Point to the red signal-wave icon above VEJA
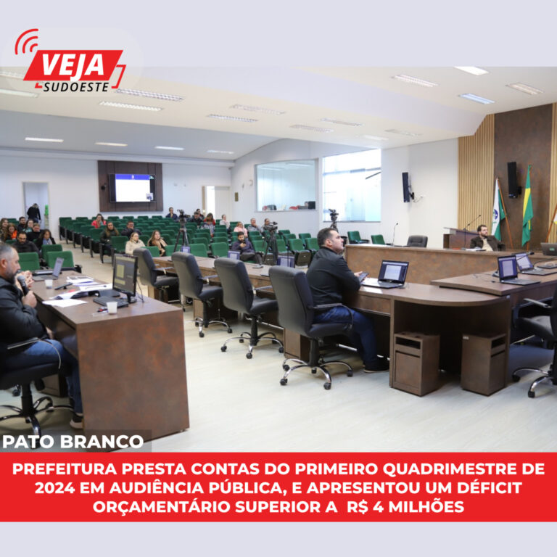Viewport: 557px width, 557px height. pos(26,42)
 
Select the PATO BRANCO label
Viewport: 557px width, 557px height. pos(73,442)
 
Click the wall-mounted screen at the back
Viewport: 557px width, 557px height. pos(132,188)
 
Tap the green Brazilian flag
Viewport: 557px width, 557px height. pos(527,206)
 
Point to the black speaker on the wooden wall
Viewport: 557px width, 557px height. pos(513,179)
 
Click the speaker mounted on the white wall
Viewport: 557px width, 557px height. pos(407,186)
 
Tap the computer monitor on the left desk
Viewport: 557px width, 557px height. pos(125,276)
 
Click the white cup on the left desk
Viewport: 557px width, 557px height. pos(112,307)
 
